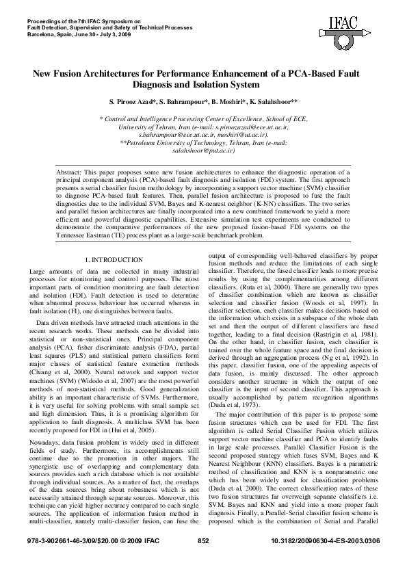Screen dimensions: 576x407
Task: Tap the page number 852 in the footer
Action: [x=203, y=560]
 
